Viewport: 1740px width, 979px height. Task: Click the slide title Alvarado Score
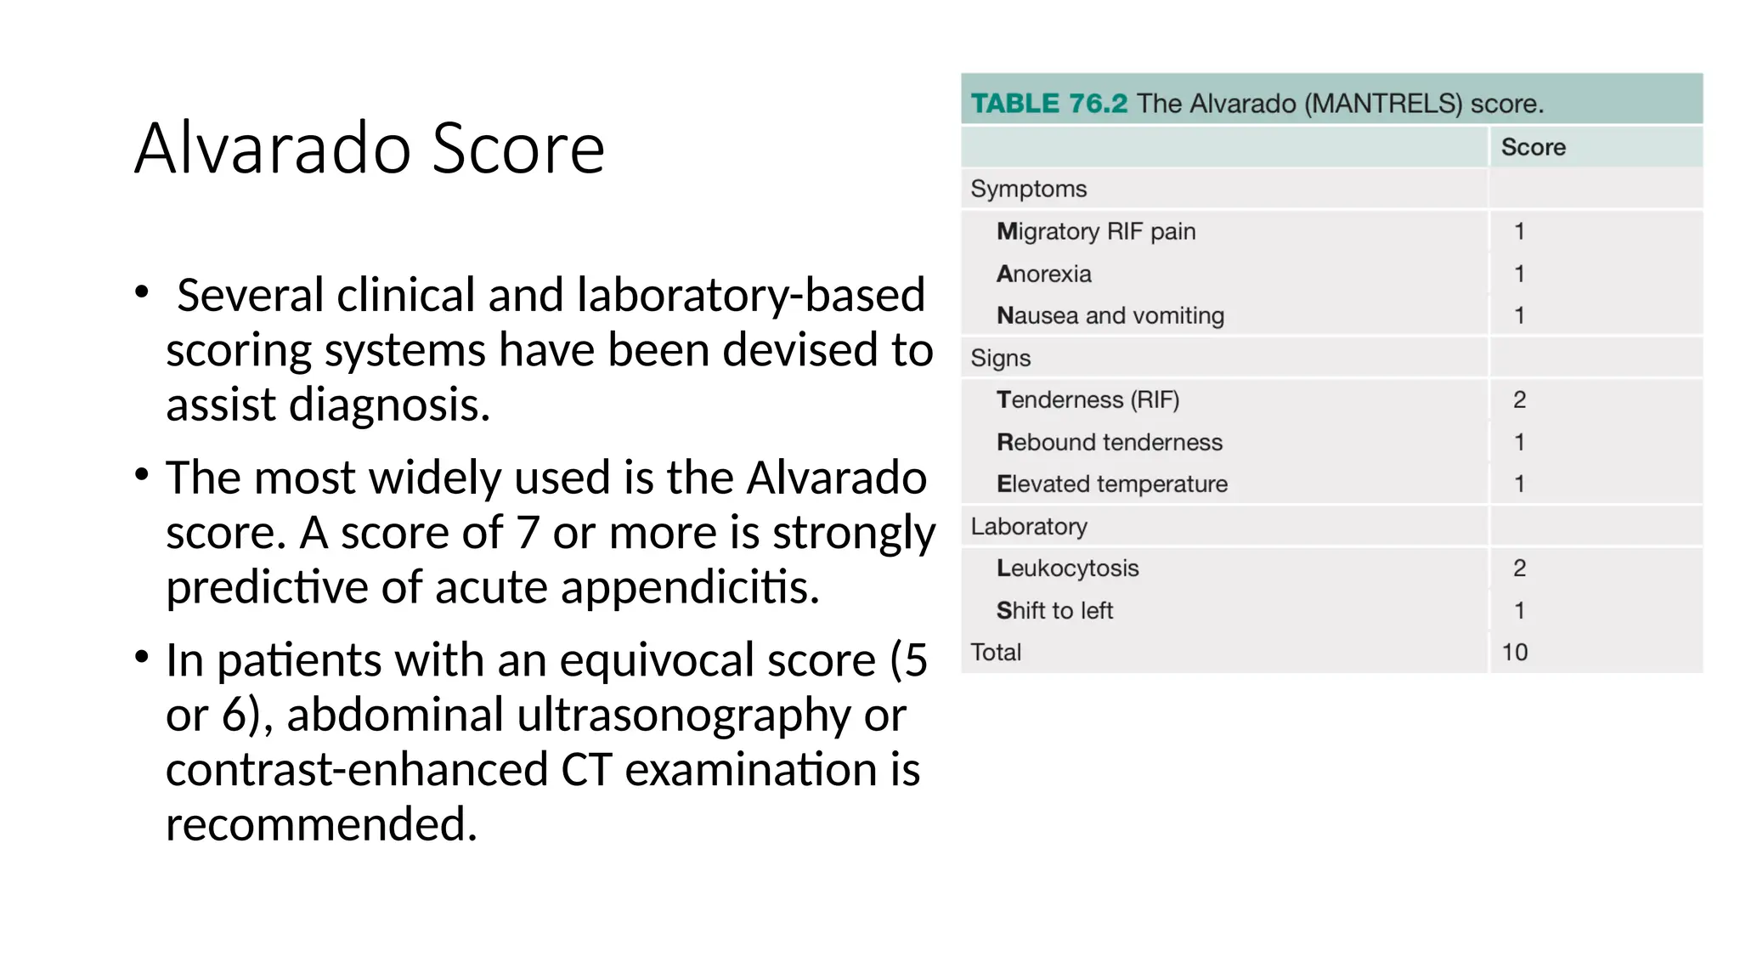[x=370, y=149]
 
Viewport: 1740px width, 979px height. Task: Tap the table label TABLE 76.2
[x=1048, y=104]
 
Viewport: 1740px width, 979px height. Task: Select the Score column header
[x=1533, y=147]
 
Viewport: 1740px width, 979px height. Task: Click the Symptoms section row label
[x=1028, y=189]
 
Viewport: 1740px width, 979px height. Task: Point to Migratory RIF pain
[x=1095, y=231]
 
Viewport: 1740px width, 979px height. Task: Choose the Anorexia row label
[x=1043, y=274]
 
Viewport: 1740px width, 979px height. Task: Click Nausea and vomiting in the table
[x=1110, y=315]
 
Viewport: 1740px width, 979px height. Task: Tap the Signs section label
[x=1000, y=358]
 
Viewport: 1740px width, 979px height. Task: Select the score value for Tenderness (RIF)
[x=1519, y=399]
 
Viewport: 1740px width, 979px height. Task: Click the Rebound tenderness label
[x=1109, y=442]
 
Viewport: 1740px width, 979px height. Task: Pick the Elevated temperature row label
[x=1111, y=484]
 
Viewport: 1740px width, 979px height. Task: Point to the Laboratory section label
[x=1028, y=526]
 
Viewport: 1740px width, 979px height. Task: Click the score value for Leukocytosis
[x=1519, y=568]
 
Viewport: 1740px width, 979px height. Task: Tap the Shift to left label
[x=1054, y=610]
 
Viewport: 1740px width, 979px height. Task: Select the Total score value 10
[x=1514, y=652]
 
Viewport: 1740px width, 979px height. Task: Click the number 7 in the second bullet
[x=528, y=533]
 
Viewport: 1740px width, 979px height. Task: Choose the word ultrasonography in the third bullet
[x=683, y=715]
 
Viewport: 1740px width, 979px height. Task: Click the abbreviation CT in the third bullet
[x=586, y=769]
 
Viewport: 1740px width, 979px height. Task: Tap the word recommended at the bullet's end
[x=321, y=824]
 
